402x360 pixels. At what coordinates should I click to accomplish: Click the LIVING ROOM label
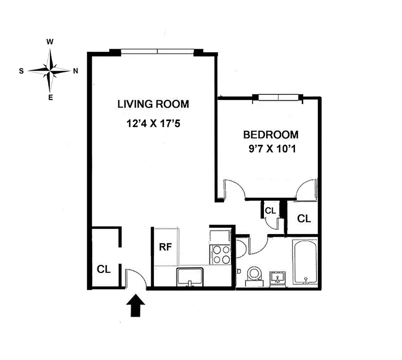tap(153, 104)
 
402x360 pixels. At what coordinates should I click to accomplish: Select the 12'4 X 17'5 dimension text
tap(153, 123)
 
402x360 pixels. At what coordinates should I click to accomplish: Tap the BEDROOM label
tap(271, 135)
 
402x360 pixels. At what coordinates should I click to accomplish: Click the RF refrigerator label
tap(165, 247)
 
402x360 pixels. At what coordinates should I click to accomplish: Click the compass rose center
tap(50, 70)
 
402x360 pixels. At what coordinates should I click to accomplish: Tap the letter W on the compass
tap(50, 42)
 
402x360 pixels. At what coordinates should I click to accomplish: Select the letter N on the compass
tap(76, 70)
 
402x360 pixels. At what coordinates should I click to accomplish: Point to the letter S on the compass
tap(21, 71)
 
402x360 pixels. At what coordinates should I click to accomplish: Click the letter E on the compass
tap(50, 98)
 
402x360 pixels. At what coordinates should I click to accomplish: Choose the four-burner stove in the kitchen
tap(220, 254)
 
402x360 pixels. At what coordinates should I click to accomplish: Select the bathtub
tap(305, 262)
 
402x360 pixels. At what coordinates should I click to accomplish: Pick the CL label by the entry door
tap(104, 269)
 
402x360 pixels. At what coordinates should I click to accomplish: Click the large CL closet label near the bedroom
tap(304, 219)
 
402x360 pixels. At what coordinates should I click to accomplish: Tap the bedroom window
tap(278, 97)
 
